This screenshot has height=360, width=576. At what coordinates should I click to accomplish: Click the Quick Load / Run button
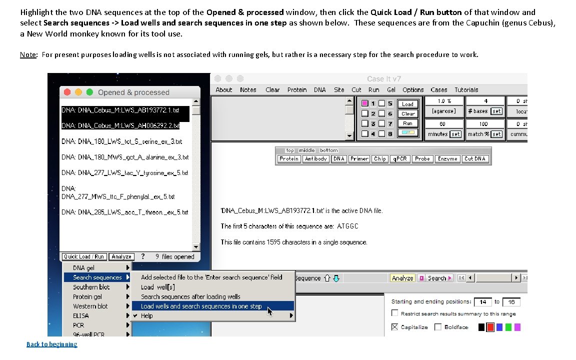[83, 256]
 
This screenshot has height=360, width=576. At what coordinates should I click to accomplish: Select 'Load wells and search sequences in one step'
[201, 306]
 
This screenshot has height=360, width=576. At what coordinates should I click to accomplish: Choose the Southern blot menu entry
[91, 287]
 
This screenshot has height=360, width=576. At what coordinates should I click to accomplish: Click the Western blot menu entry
[90, 306]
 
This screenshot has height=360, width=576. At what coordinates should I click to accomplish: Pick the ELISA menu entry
[81, 315]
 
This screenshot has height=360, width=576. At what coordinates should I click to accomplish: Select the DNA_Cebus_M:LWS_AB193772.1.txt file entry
[120, 110]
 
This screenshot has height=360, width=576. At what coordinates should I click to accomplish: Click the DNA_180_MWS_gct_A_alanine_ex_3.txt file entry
[125, 157]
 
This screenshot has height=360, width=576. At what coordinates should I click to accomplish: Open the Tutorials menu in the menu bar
[466, 90]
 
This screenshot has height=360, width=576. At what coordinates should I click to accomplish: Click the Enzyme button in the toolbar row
[447, 159]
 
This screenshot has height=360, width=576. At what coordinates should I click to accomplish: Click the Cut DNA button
[474, 159]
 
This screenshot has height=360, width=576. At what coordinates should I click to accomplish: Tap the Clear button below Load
[408, 114]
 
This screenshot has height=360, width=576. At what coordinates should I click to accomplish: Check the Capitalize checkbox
[395, 327]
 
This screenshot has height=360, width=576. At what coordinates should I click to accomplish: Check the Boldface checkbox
[438, 327]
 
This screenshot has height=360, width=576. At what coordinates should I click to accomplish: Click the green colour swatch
[508, 327]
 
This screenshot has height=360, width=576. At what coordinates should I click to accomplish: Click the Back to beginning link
[52, 344]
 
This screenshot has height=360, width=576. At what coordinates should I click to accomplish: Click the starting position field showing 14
[482, 301]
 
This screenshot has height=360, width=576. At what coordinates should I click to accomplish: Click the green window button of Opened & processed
[89, 92]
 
